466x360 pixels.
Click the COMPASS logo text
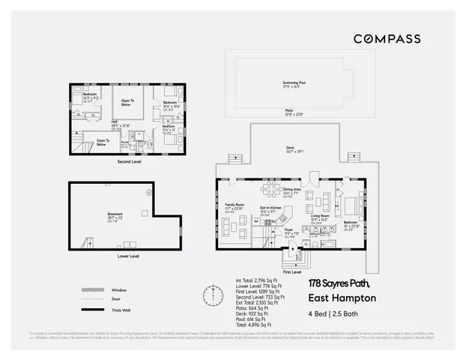pos(387,38)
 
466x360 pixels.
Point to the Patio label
pos(288,111)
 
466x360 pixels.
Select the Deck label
pos(289,148)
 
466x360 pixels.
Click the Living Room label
pos(321,215)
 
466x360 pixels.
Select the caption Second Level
pos(129,160)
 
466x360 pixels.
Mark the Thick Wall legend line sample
pos(91,310)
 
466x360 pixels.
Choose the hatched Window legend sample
pos(91,290)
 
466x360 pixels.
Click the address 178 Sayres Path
pos(343,284)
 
